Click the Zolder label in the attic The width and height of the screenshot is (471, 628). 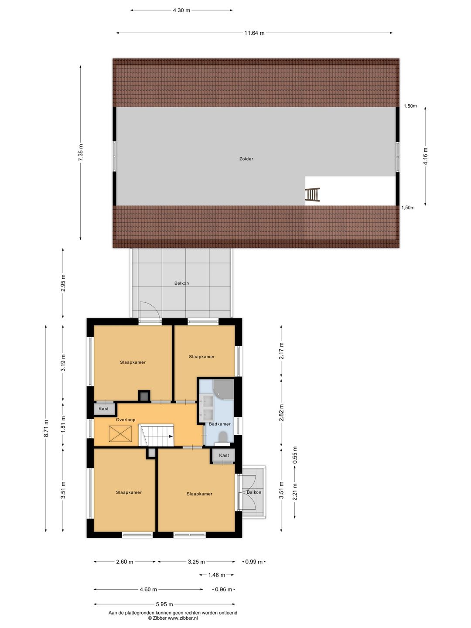246,159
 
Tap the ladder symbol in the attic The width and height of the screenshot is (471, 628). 312,195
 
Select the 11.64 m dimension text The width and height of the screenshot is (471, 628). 254,33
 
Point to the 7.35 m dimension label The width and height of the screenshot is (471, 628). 81,153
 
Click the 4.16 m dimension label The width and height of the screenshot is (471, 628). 426,156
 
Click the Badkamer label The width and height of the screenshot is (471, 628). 220,424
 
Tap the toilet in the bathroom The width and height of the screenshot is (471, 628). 222,437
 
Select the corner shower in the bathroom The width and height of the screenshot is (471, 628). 224,389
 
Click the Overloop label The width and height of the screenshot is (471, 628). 126,420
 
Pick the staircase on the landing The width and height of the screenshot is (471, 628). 157,436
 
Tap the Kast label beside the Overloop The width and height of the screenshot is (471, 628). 104,409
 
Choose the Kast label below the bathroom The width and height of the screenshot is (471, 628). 224,456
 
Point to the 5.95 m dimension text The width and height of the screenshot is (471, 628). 164,604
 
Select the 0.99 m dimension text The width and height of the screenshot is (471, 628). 254,562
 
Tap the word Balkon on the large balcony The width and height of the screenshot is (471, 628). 181,283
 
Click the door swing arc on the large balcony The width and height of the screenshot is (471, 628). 150,310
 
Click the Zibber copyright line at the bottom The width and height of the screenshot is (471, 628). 173,618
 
